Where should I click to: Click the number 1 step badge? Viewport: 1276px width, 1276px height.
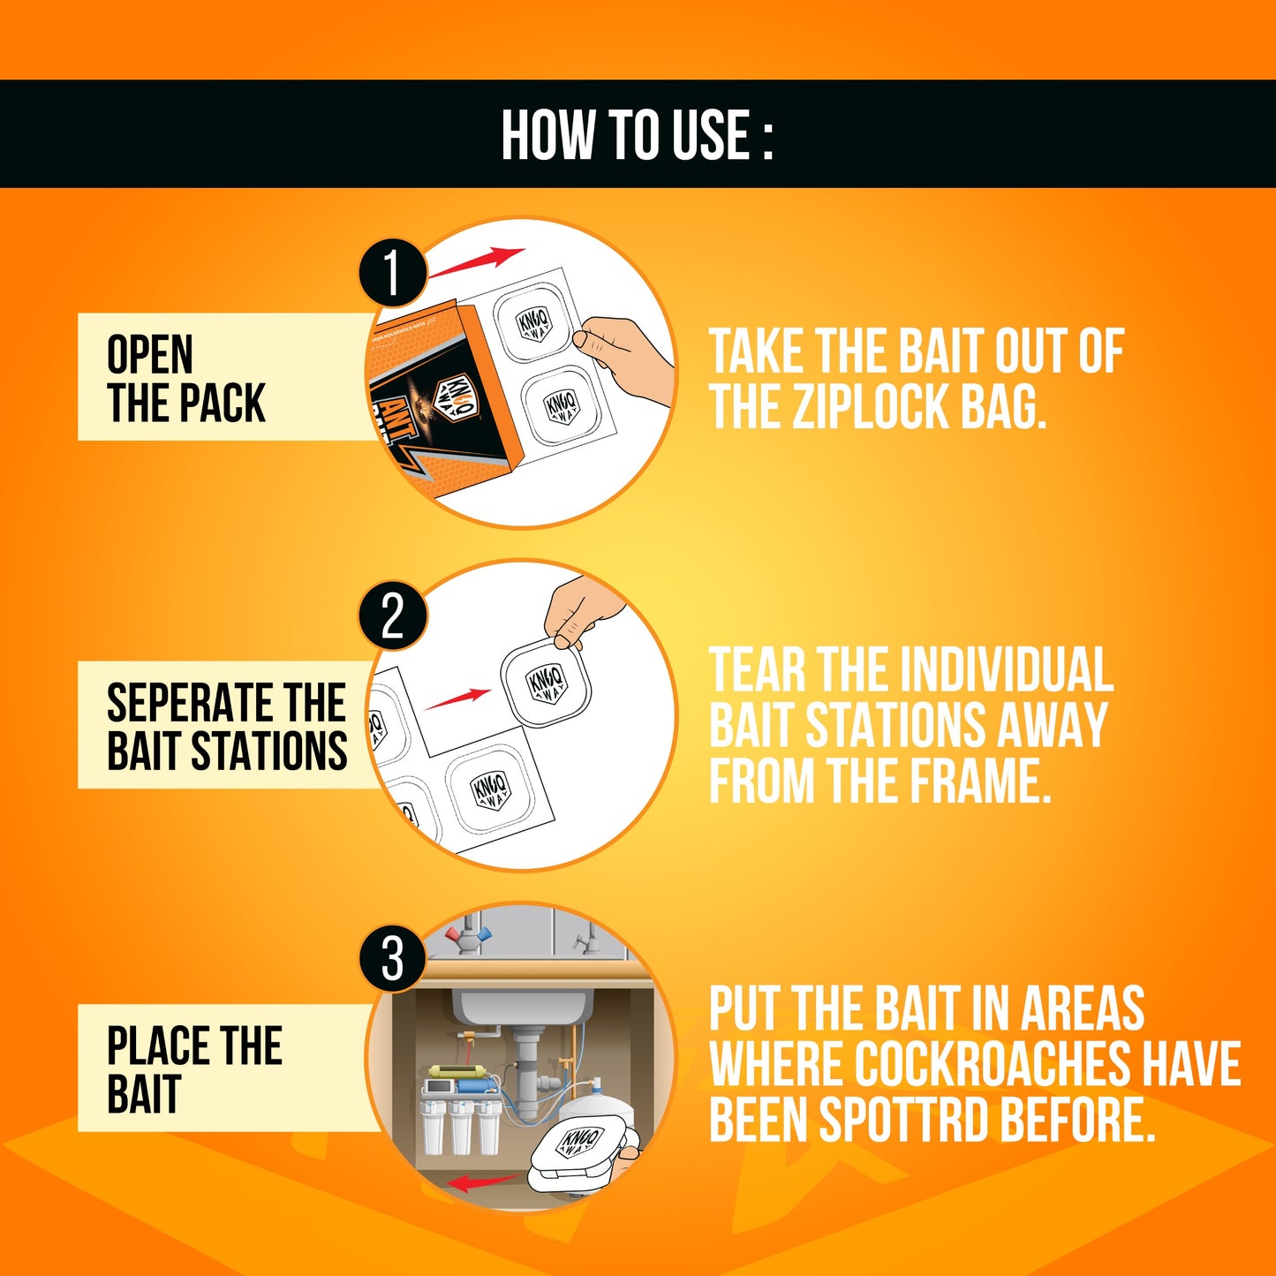[x=392, y=273]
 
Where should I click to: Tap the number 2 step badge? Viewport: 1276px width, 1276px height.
[x=393, y=616]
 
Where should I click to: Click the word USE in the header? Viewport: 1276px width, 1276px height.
[x=711, y=135]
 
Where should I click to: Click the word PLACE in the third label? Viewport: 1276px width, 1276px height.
[x=155, y=1046]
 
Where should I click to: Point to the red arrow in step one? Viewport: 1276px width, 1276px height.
[x=477, y=263]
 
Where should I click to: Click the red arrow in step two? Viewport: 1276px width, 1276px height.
[x=457, y=698]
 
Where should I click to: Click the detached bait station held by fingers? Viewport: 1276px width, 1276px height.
[x=546, y=684]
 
